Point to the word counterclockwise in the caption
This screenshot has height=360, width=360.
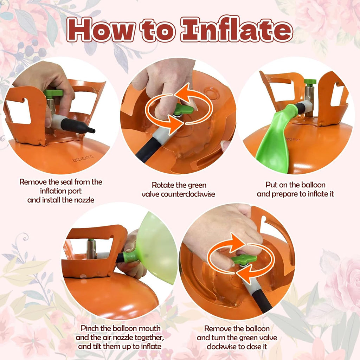[x=178, y=194]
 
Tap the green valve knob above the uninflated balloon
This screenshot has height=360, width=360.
[x=310, y=82]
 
